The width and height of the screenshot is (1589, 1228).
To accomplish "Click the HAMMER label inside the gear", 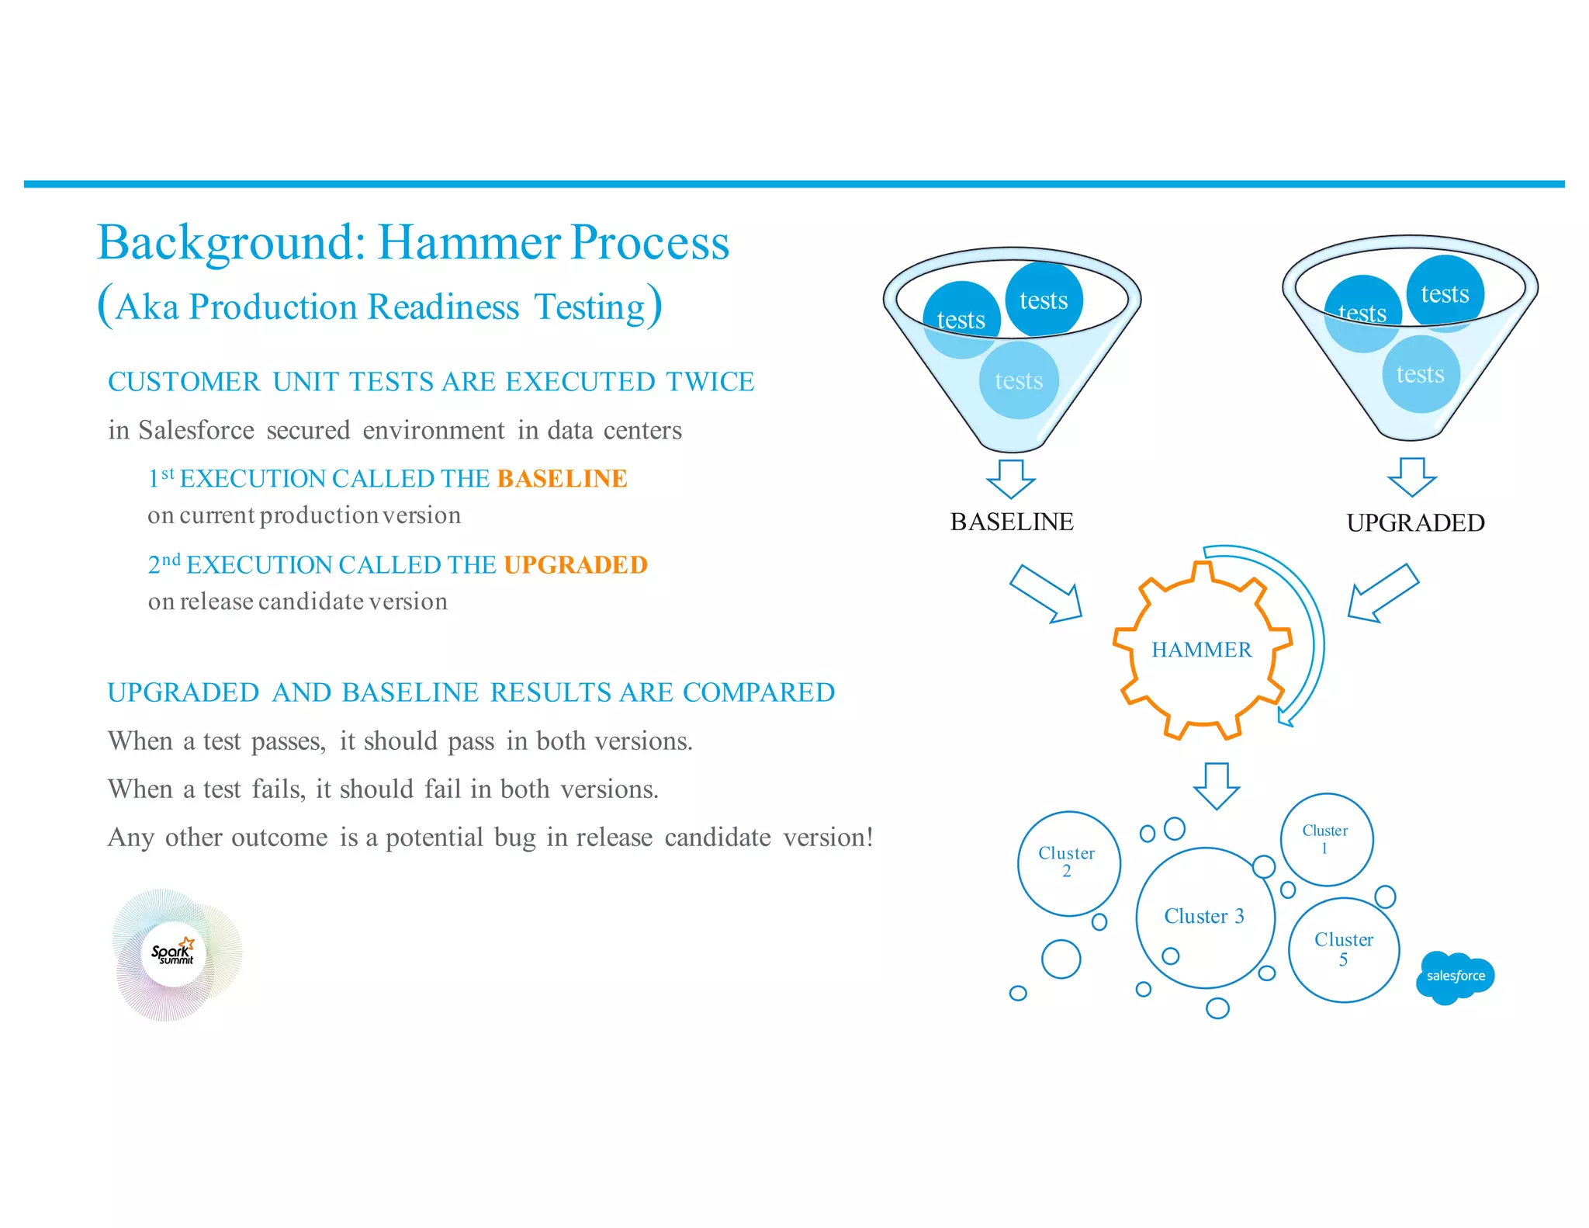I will pyautogui.click(x=1201, y=650).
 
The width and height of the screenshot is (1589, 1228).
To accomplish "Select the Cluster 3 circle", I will pyautogui.click(x=1204, y=918).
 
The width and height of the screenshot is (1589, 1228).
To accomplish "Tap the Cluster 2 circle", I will pyautogui.click(x=1068, y=863).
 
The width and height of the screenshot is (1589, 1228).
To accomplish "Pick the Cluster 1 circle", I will pyautogui.click(x=1326, y=839).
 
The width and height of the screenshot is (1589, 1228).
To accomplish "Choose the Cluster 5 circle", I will pyautogui.click(x=1344, y=949).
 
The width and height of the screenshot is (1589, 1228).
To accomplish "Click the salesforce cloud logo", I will pyautogui.click(x=1455, y=977).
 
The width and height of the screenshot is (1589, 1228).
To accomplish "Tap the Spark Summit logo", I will pyautogui.click(x=175, y=954).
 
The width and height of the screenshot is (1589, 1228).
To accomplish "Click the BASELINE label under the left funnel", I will pyautogui.click(x=1012, y=522).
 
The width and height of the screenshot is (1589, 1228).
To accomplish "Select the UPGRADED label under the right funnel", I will pyautogui.click(x=1415, y=523).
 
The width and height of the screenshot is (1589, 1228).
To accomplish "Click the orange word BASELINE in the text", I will pyautogui.click(x=562, y=479).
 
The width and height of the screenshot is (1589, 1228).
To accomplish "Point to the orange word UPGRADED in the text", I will pyautogui.click(x=575, y=565).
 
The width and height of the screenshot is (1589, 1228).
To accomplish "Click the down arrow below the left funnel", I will pyautogui.click(x=1011, y=478).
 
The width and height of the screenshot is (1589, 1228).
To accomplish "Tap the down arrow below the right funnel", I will pyautogui.click(x=1412, y=477).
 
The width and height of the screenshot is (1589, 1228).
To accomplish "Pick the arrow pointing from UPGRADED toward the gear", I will pyautogui.click(x=1383, y=593).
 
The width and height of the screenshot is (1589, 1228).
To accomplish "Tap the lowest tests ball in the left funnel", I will pyautogui.click(x=1019, y=380).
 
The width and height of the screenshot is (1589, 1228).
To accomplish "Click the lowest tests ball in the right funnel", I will pyautogui.click(x=1421, y=374).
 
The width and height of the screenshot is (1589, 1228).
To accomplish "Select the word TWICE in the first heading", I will pyautogui.click(x=710, y=382).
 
